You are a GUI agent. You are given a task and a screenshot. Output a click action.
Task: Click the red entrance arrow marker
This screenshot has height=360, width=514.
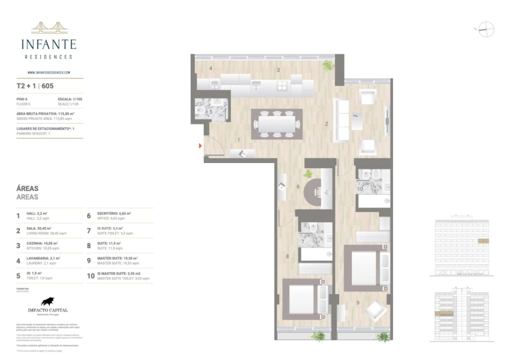(x=200, y=146)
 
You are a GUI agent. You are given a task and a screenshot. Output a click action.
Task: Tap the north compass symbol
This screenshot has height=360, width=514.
(x=486, y=29)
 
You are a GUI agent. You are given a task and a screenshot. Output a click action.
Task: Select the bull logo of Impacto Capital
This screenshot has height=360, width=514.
(x=48, y=301)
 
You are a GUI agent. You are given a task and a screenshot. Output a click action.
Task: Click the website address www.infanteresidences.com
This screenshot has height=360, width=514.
(x=48, y=72)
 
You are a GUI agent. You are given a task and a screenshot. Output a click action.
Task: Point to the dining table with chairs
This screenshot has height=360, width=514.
(x=276, y=123)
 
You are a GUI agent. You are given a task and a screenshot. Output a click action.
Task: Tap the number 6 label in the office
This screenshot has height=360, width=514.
(x=298, y=187)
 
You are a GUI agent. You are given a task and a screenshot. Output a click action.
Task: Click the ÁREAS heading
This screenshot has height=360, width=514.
(x=27, y=188)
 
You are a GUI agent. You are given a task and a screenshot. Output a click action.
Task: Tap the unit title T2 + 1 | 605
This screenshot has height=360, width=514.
(x=35, y=85)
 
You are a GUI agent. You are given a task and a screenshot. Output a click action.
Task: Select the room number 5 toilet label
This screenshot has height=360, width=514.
(x=211, y=112)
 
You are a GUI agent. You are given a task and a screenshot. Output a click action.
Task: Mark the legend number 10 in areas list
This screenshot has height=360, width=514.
(x=90, y=275)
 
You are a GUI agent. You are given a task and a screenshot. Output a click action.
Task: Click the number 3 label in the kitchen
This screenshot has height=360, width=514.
(x=278, y=70)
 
